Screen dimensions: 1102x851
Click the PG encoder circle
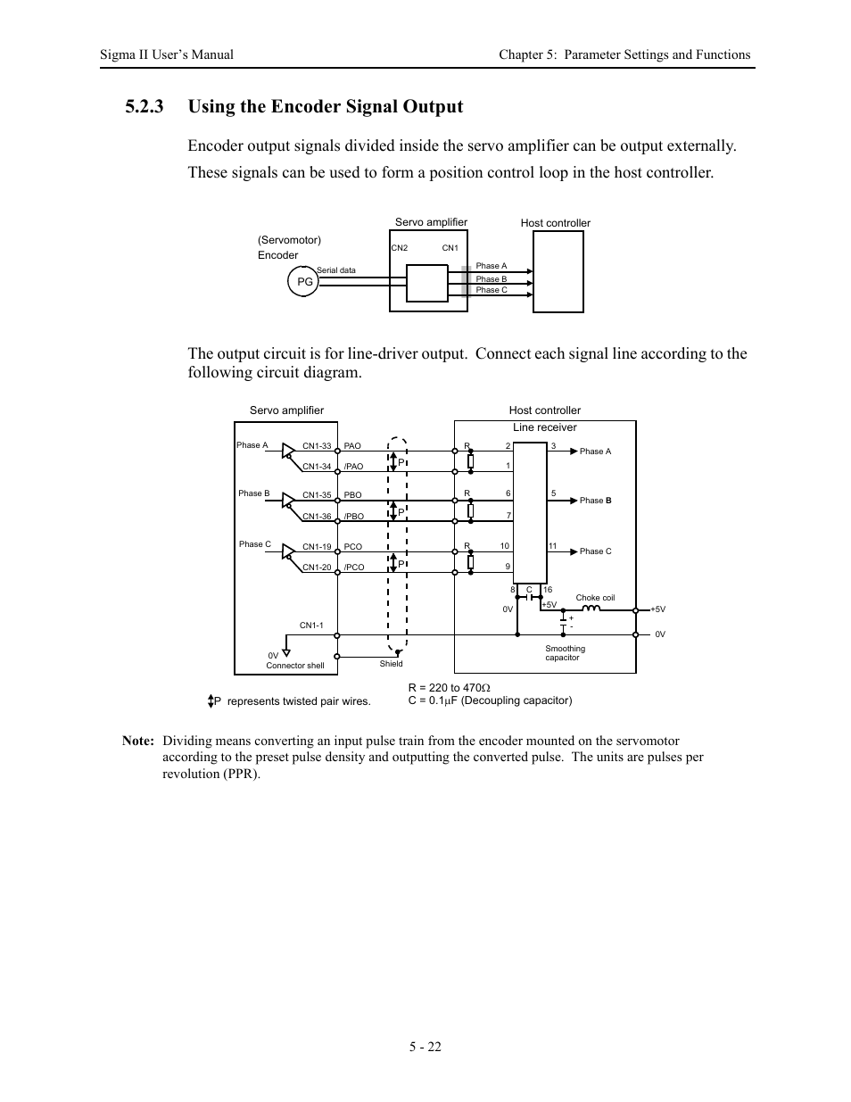(x=304, y=281)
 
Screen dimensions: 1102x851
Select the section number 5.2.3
(x=145, y=107)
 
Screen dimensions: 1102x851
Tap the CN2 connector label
(x=399, y=248)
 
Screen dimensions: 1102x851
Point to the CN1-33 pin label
(x=317, y=446)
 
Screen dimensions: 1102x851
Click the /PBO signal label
(x=354, y=517)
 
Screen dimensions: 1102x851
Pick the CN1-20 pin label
(x=317, y=568)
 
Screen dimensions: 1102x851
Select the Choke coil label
(x=595, y=598)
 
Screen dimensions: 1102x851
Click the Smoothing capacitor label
(x=566, y=653)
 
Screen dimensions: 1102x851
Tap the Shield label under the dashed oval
(x=392, y=664)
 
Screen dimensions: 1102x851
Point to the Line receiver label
(x=544, y=427)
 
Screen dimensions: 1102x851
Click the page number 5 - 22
(x=425, y=1047)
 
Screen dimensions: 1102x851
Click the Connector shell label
(x=295, y=666)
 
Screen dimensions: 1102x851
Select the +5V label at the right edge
(x=657, y=609)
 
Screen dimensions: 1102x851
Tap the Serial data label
(x=336, y=270)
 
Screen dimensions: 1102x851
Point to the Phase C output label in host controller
(x=595, y=551)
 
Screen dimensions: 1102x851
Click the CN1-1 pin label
(x=311, y=626)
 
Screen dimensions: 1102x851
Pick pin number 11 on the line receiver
(x=552, y=546)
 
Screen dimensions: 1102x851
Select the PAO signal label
(x=352, y=446)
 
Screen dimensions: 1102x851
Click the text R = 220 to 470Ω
(x=450, y=688)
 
